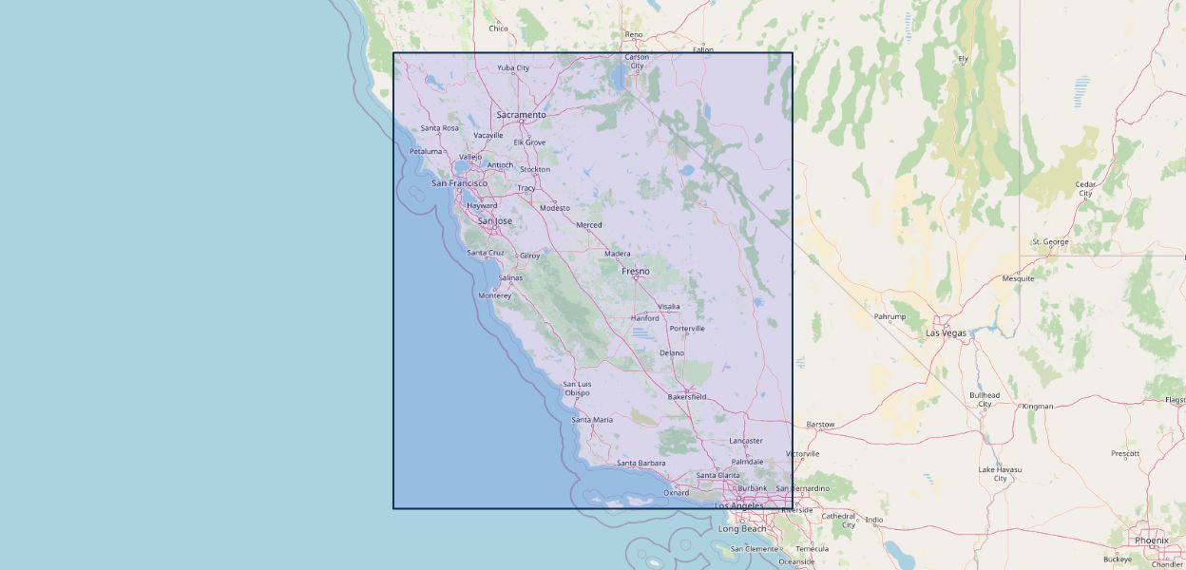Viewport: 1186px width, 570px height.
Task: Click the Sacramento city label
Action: (x=521, y=115)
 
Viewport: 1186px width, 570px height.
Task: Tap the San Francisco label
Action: (x=459, y=183)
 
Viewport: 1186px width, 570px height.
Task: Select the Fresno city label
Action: (x=636, y=272)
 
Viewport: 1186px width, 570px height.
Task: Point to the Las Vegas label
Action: (x=946, y=333)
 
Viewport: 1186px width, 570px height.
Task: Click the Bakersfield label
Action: (x=686, y=397)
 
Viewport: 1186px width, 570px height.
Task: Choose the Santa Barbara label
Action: (x=641, y=464)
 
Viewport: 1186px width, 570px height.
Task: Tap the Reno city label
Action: (x=634, y=35)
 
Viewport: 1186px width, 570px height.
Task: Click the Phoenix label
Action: (x=1151, y=541)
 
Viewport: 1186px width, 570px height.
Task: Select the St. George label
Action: (x=1050, y=242)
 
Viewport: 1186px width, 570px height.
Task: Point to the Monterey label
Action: (x=494, y=295)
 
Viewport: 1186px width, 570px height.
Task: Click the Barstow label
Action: (x=820, y=425)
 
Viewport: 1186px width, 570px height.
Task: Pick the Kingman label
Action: (x=1038, y=407)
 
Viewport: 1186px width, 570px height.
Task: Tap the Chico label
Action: (x=498, y=28)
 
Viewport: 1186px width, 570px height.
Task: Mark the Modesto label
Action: (x=555, y=208)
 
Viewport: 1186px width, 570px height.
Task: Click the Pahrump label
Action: (x=889, y=316)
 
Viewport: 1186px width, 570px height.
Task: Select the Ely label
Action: (x=963, y=59)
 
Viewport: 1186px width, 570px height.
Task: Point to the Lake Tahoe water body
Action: (x=621, y=81)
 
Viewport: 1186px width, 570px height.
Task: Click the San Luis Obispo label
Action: (x=577, y=389)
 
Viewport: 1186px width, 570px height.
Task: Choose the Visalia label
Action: (x=669, y=307)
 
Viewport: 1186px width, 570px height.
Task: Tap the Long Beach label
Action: (x=741, y=529)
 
